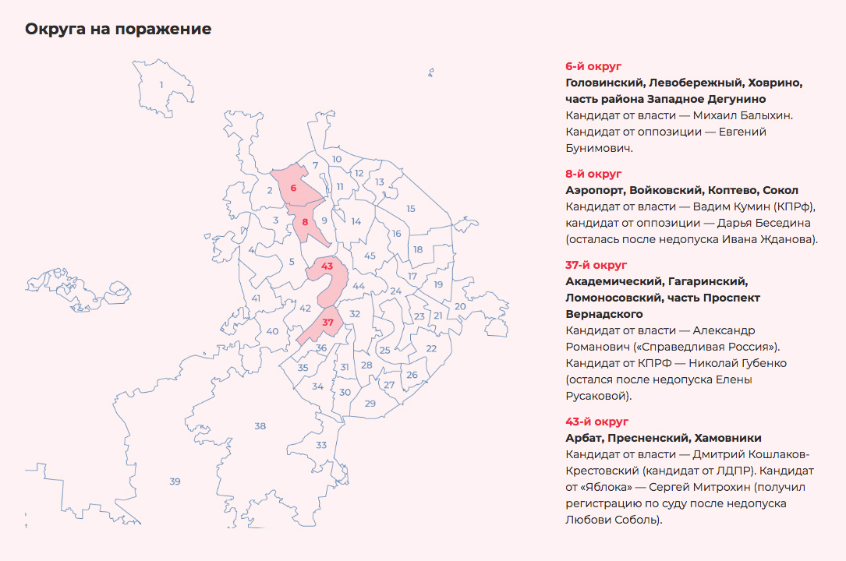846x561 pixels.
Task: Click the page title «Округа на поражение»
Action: click(x=118, y=30)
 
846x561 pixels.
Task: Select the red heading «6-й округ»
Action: click(x=593, y=67)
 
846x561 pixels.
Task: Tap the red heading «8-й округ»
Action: click(x=593, y=174)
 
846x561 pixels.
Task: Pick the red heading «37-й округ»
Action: click(x=596, y=265)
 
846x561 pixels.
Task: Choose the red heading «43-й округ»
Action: click(x=596, y=422)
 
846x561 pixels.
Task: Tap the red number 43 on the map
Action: click(x=327, y=266)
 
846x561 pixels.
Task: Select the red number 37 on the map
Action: click(x=328, y=323)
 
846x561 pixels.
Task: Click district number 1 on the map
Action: click(x=161, y=85)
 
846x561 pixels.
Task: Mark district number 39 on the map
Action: click(x=175, y=481)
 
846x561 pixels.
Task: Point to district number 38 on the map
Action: click(x=260, y=425)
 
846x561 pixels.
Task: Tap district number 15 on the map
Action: click(x=411, y=208)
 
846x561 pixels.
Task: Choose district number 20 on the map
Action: click(x=460, y=306)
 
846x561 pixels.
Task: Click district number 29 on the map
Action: click(x=370, y=403)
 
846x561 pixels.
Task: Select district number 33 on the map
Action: click(x=321, y=445)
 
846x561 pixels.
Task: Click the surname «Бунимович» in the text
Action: click(x=599, y=148)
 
